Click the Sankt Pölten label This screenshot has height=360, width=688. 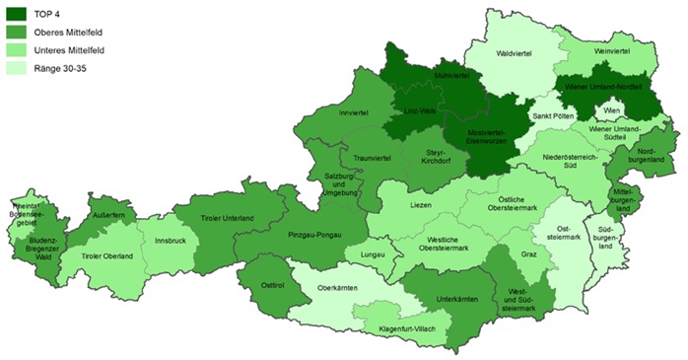pyautogui.click(x=553, y=116)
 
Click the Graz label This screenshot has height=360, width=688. pyautogui.click(x=528, y=253)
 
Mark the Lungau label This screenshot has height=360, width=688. pyautogui.click(x=373, y=253)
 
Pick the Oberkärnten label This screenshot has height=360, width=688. pyautogui.click(x=335, y=288)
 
